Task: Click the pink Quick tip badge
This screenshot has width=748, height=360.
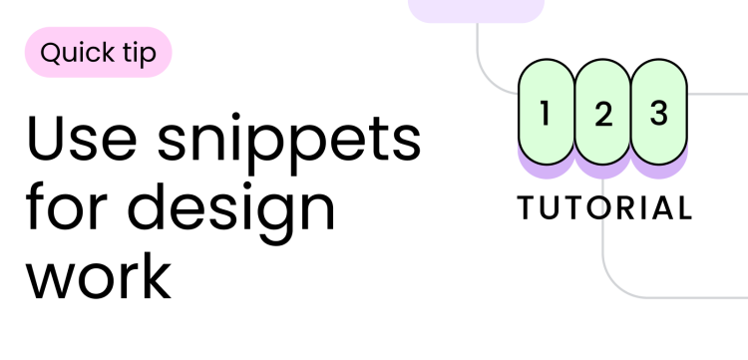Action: pyautogui.click(x=98, y=52)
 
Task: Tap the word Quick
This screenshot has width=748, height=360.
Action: pyautogui.click(x=78, y=52)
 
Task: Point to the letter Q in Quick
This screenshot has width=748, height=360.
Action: pyautogui.click(x=50, y=52)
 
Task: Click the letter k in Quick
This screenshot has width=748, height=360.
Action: pyautogui.click(x=109, y=52)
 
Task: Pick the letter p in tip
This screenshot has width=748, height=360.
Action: pyautogui.click(x=149, y=55)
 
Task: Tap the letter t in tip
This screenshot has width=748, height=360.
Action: pyautogui.click(x=127, y=52)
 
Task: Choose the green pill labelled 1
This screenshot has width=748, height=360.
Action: pyautogui.click(x=546, y=113)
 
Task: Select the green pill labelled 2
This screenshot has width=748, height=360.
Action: pyautogui.click(x=602, y=113)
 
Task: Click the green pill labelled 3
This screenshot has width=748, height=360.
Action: pyautogui.click(x=659, y=113)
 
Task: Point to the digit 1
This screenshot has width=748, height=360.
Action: pyautogui.click(x=545, y=114)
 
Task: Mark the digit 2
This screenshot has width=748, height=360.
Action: pyautogui.click(x=602, y=115)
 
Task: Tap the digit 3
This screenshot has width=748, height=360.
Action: pyautogui.click(x=658, y=114)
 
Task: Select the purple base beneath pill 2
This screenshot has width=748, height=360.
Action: pyautogui.click(x=602, y=172)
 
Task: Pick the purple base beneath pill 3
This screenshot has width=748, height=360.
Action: pyautogui.click(x=659, y=172)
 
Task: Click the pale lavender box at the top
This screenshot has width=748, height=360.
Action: pyautogui.click(x=477, y=10)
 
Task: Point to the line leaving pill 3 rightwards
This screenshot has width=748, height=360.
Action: pyautogui.click(x=718, y=93)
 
